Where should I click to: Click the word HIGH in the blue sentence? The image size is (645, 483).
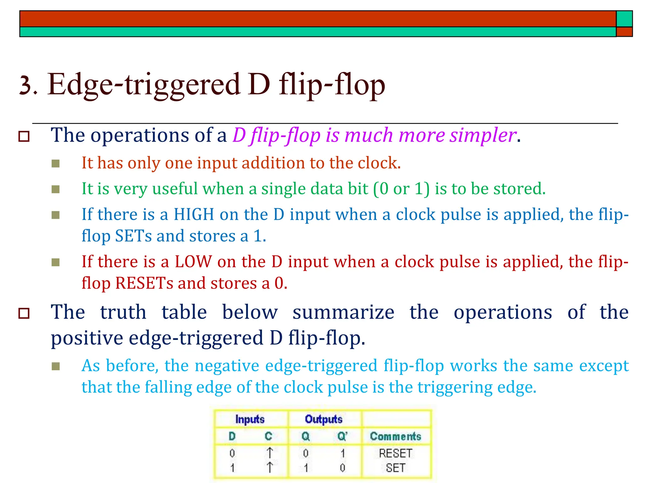coord(194,214)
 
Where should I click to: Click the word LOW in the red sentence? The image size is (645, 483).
coord(193,262)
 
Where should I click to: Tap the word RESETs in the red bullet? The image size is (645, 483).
coord(144,283)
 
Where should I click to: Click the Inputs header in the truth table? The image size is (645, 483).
coord(250,419)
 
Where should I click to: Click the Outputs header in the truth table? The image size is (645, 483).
coord(323,419)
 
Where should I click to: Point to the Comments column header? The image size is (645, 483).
coord(396,436)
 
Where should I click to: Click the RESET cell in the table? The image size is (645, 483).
coord(396,453)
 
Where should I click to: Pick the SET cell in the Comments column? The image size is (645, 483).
coord(396,468)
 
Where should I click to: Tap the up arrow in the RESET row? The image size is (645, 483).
coord(270,453)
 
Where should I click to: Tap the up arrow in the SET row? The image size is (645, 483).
coord(270,468)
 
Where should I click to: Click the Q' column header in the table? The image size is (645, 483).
coord(342,436)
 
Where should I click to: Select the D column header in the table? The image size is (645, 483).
coord(232,436)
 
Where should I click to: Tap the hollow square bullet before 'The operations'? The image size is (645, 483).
coord(24,136)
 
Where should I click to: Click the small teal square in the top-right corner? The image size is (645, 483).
coord(624,19)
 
